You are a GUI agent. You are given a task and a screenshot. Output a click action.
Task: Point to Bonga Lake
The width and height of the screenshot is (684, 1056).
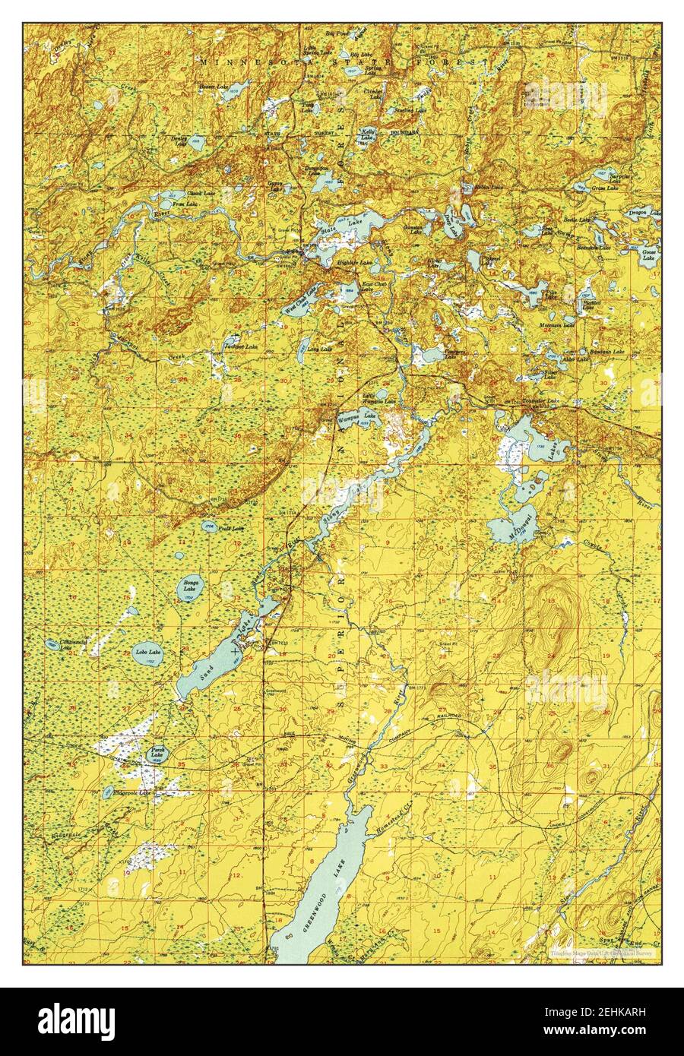189,586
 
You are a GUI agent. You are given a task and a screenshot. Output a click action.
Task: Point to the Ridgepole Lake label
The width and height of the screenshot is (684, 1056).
133,792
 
